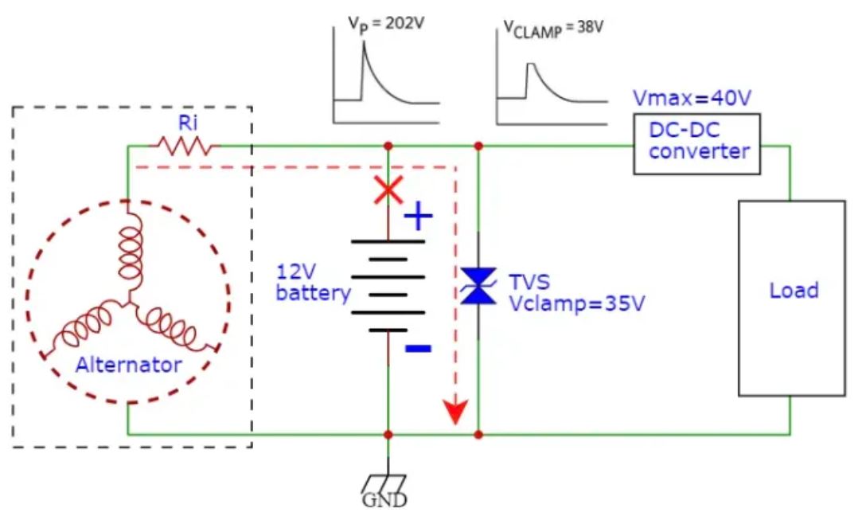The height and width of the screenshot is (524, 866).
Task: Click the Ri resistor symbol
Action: (185, 146)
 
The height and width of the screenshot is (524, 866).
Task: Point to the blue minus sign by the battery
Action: (419, 348)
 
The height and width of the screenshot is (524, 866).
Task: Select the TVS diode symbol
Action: (478, 286)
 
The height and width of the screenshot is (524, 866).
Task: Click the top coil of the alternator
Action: (127, 255)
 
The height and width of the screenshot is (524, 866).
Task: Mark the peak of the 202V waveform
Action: (364, 42)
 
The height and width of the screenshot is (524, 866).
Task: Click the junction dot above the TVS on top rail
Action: (478, 146)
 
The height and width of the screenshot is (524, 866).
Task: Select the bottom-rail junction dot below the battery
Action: (388, 435)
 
